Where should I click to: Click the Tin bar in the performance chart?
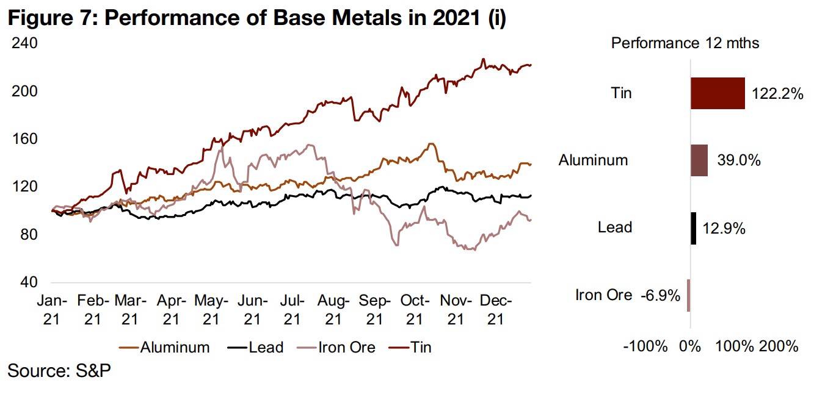tap(718, 93)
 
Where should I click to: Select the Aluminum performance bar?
tap(699, 160)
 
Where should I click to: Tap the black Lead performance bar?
tap(693, 228)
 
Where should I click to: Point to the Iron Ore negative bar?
tap(688, 295)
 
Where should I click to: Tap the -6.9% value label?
tap(660, 296)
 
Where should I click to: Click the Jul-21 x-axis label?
tap(292, 309)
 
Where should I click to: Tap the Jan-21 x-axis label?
tap(51, 309)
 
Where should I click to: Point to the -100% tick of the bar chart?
tap(645, 347)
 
